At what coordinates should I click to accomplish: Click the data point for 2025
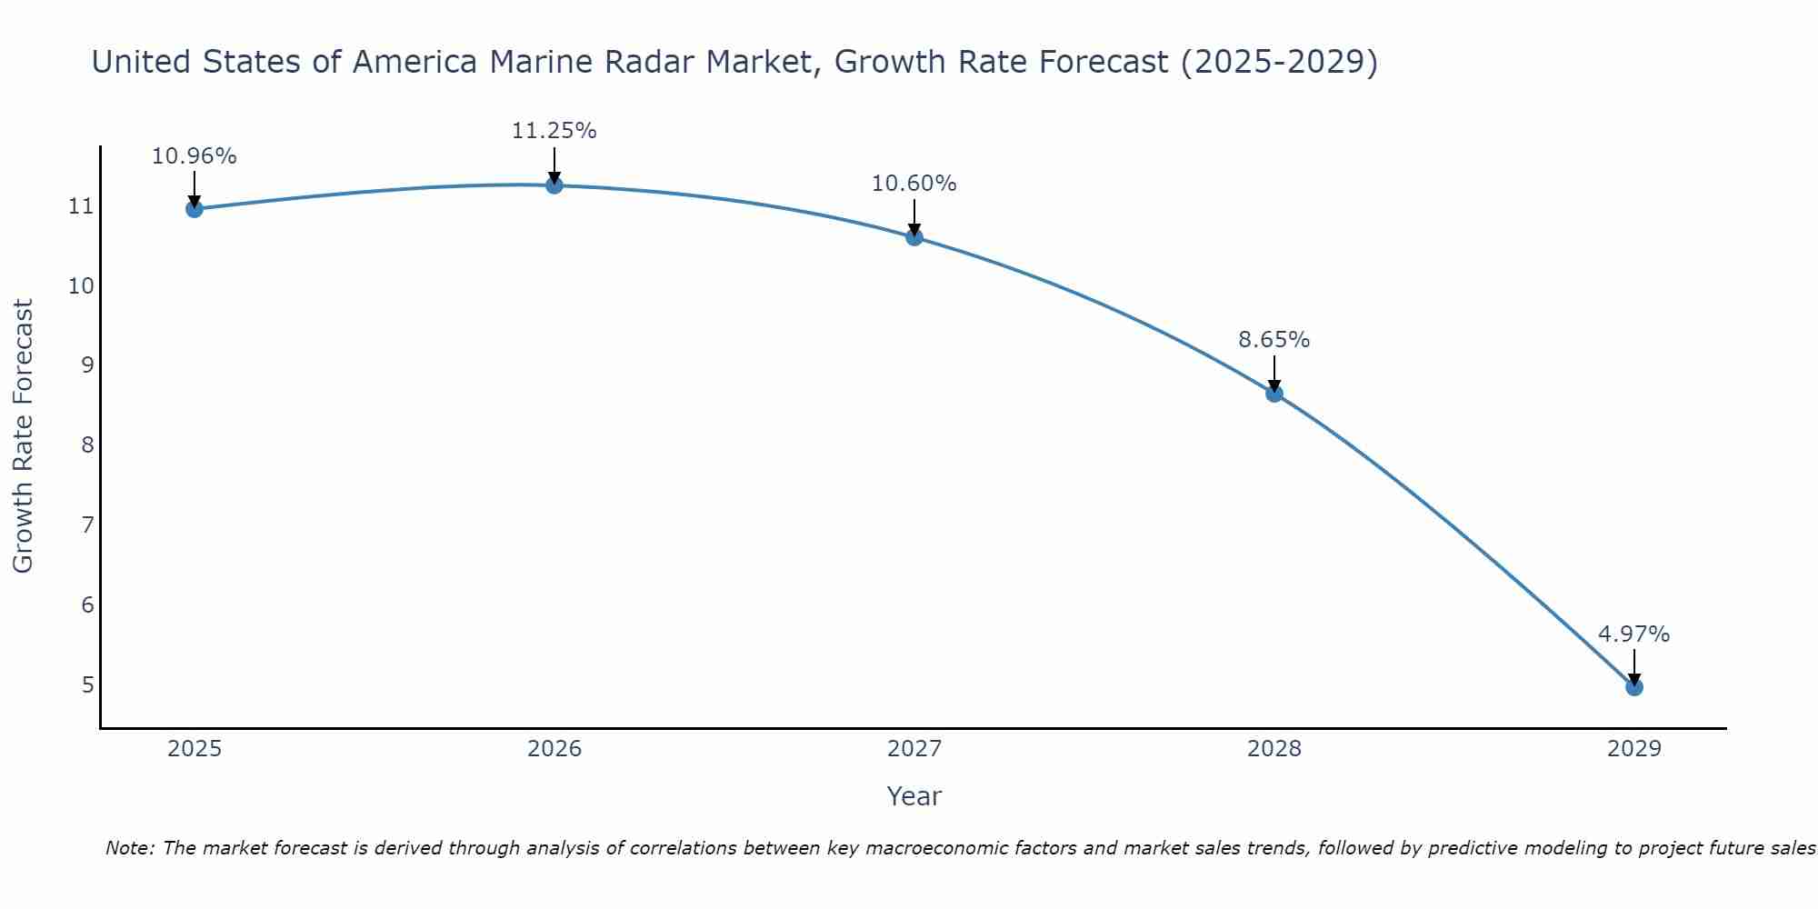[x=195, y=209]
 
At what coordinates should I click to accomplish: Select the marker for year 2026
[x=554, y=185]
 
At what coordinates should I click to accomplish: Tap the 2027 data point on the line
[x=914, y=237]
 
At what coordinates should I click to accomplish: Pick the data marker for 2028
[x=1274, y=394]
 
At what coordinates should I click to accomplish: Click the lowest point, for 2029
[x=1634, y=687]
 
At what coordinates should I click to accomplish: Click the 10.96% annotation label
[x=195, y=156]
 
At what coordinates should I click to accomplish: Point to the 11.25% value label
[x=554, y=131]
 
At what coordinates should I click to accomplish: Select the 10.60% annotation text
[x=914, y=184]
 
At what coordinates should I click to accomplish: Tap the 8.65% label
[x=1274, y=340]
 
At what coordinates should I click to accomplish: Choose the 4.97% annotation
[x=1634, y=634]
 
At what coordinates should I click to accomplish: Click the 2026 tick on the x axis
[x=554, y=749]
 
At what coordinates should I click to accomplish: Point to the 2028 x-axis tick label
[x=1274, y=749]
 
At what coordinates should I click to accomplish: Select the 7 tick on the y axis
[x=87, y=524]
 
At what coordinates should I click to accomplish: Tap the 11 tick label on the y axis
[x=82, y=206]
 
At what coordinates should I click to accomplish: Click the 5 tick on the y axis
[x=87, y=684]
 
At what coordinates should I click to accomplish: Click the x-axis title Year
[x=914, y=796]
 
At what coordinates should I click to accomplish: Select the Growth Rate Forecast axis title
[x=24, y=436]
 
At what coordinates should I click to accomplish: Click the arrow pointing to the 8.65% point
[x=1274, y=373]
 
